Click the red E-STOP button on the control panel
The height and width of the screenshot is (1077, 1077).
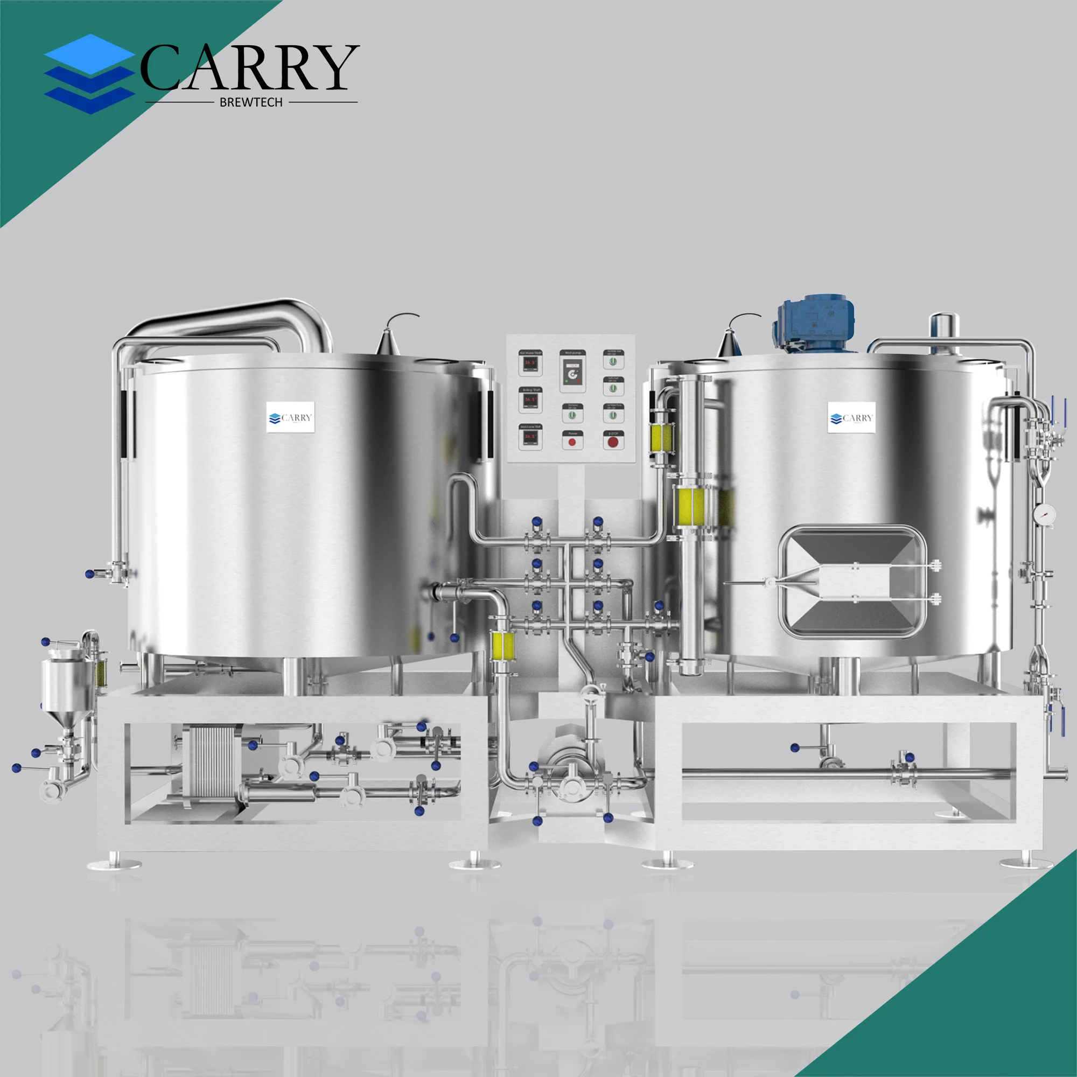613,442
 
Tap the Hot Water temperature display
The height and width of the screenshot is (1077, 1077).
529,363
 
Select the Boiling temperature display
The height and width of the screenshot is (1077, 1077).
529,400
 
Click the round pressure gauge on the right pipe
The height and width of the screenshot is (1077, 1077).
1044,513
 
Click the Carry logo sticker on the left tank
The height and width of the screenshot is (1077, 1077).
290,417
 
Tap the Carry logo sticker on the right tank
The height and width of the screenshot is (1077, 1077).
851,417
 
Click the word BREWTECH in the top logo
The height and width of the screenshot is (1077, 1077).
251,102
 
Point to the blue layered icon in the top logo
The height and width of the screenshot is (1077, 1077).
89,74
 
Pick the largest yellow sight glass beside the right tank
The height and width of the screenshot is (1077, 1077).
692,508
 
